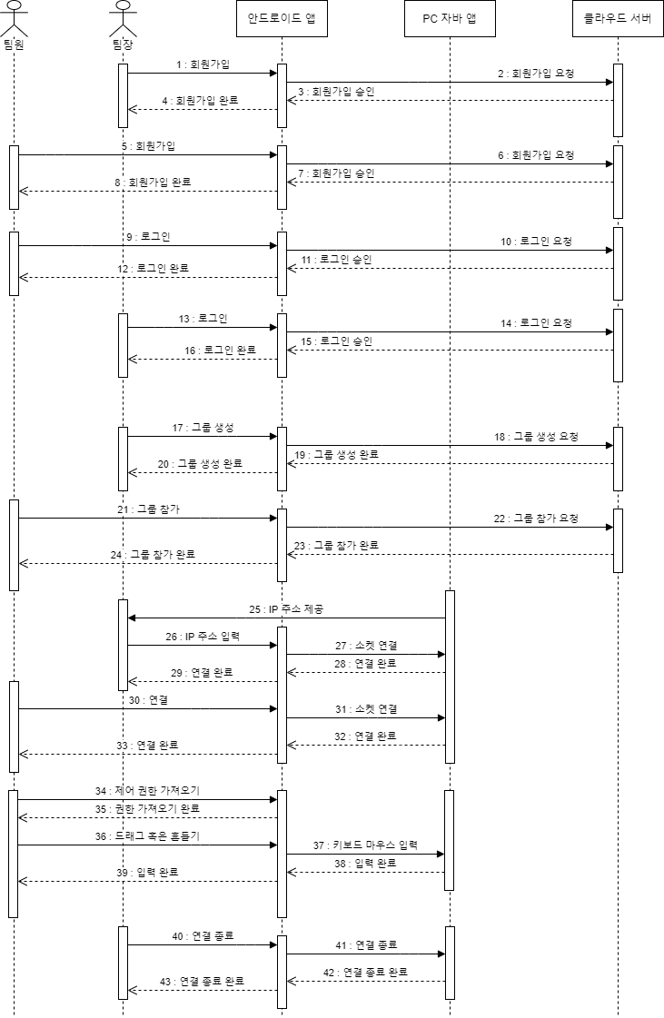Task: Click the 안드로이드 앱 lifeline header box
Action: (282, 18)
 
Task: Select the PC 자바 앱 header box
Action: (450, 18)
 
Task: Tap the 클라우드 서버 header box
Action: (618, 18)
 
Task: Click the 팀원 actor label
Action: (14, 45)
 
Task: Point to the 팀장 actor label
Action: (122, 45)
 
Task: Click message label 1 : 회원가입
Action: (203, 64)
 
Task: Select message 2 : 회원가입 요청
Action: (536, 74)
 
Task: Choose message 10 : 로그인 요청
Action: (536, 242)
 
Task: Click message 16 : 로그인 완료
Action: (220, 351)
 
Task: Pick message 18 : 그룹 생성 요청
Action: (536, 437)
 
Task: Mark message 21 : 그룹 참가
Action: (148, 509)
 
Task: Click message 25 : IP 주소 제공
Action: (286, 609)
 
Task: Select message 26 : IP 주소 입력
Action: (203, 637)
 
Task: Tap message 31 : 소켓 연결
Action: (366, 709)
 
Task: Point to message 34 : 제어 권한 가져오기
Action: (147, 791)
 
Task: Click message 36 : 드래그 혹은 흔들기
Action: (147, 836)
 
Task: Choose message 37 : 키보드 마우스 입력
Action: (366, 845)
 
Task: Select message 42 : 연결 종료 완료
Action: (365, 973)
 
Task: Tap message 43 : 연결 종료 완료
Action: (202, 982)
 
